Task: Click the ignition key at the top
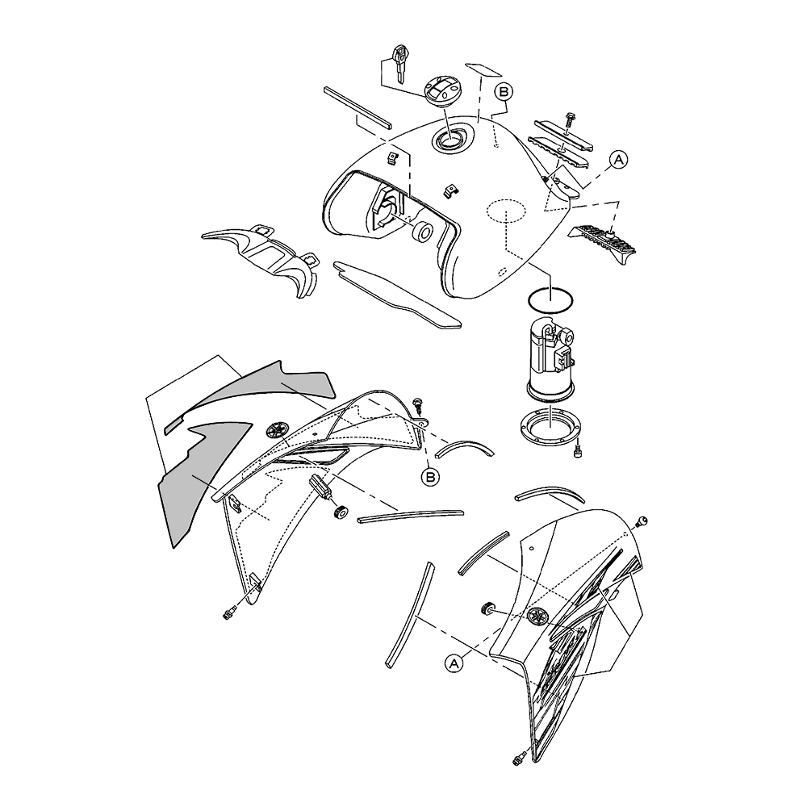(400, 63)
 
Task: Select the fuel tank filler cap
(442, 93)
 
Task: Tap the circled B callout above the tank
(504, 93)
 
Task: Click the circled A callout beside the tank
(619, 160)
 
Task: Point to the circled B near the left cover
(430, 477)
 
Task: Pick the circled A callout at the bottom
(454, 663)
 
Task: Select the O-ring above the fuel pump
(551, 301)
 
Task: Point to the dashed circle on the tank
(507, 210)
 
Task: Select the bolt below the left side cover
(229, 612)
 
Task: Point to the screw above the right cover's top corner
(641, 521)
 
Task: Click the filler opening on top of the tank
(450, 138)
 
